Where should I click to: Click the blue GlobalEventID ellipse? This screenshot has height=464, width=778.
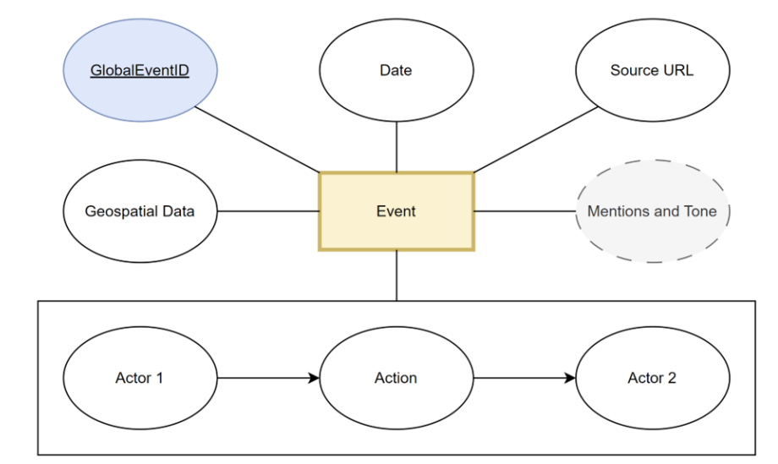click(140, 70)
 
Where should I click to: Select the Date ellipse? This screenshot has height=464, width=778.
click(397, 70)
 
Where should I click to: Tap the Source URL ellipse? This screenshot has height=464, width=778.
click(653, 70)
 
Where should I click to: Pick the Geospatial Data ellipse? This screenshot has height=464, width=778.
click(140, 211)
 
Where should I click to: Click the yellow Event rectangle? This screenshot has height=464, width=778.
click(397, 211)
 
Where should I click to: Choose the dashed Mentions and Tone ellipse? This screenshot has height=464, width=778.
click(653, 211)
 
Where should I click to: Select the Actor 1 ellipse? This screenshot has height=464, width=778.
click(140, 378)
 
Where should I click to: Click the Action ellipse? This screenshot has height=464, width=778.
click(397, 378)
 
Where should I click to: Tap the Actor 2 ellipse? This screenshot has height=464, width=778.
click(653, 378)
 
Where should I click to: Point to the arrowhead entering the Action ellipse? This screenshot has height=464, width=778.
click(314, 378)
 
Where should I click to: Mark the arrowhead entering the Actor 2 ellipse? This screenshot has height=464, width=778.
click(570, 378)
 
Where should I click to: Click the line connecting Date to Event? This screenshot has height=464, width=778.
click(397, 147)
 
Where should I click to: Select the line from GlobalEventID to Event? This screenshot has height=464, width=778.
click(258, 139)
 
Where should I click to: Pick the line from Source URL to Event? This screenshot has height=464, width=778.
click(536, 139)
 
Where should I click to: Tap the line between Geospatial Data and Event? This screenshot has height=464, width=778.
click(268, 211)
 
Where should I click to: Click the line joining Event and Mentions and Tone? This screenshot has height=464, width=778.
click(524, 211)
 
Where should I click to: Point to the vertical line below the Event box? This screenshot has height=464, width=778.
click(397, 276)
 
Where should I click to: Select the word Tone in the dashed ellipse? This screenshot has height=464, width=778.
click(700, 211)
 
